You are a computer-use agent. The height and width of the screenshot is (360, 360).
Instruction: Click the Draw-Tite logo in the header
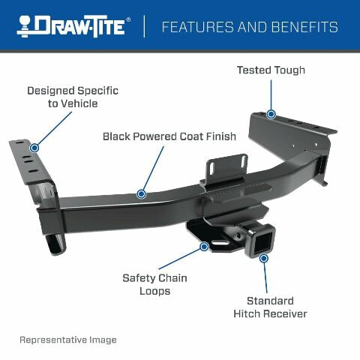pyautogui.click(x=74, y=26)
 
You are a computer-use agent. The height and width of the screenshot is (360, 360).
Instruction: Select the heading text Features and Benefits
pyautogui.click(x=250, y=28)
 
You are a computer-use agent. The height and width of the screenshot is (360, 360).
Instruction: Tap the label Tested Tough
pyautogui.click(x=271, y=70)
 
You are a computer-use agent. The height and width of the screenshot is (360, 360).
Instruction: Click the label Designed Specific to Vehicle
pyautogui.click(x=73, y=97)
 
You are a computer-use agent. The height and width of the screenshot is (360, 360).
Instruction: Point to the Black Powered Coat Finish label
pyautogui.click(x=169, y=136)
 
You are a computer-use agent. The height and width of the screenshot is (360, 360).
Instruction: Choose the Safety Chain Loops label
pyautogui.click(x=154, y=284)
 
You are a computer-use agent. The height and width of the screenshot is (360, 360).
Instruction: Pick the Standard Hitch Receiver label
pyautogui.click(x=269, y=307)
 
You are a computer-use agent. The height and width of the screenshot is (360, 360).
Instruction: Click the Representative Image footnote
pyautogui.click(x=67, y=340)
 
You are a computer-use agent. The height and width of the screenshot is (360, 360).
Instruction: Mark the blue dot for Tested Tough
pyautogui.click(x=271, y=114)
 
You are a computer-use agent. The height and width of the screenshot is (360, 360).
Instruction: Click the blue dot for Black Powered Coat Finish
pyautogui.click(x=140, y=193)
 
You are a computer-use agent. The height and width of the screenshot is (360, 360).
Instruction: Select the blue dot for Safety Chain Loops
pyautogui.click(x=203, y=245)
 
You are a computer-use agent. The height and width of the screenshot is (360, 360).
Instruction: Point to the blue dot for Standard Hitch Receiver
pyautogui.click(x=263, y=258)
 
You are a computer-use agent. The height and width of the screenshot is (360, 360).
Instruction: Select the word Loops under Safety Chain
pyautogui.click(x=154, y=291)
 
